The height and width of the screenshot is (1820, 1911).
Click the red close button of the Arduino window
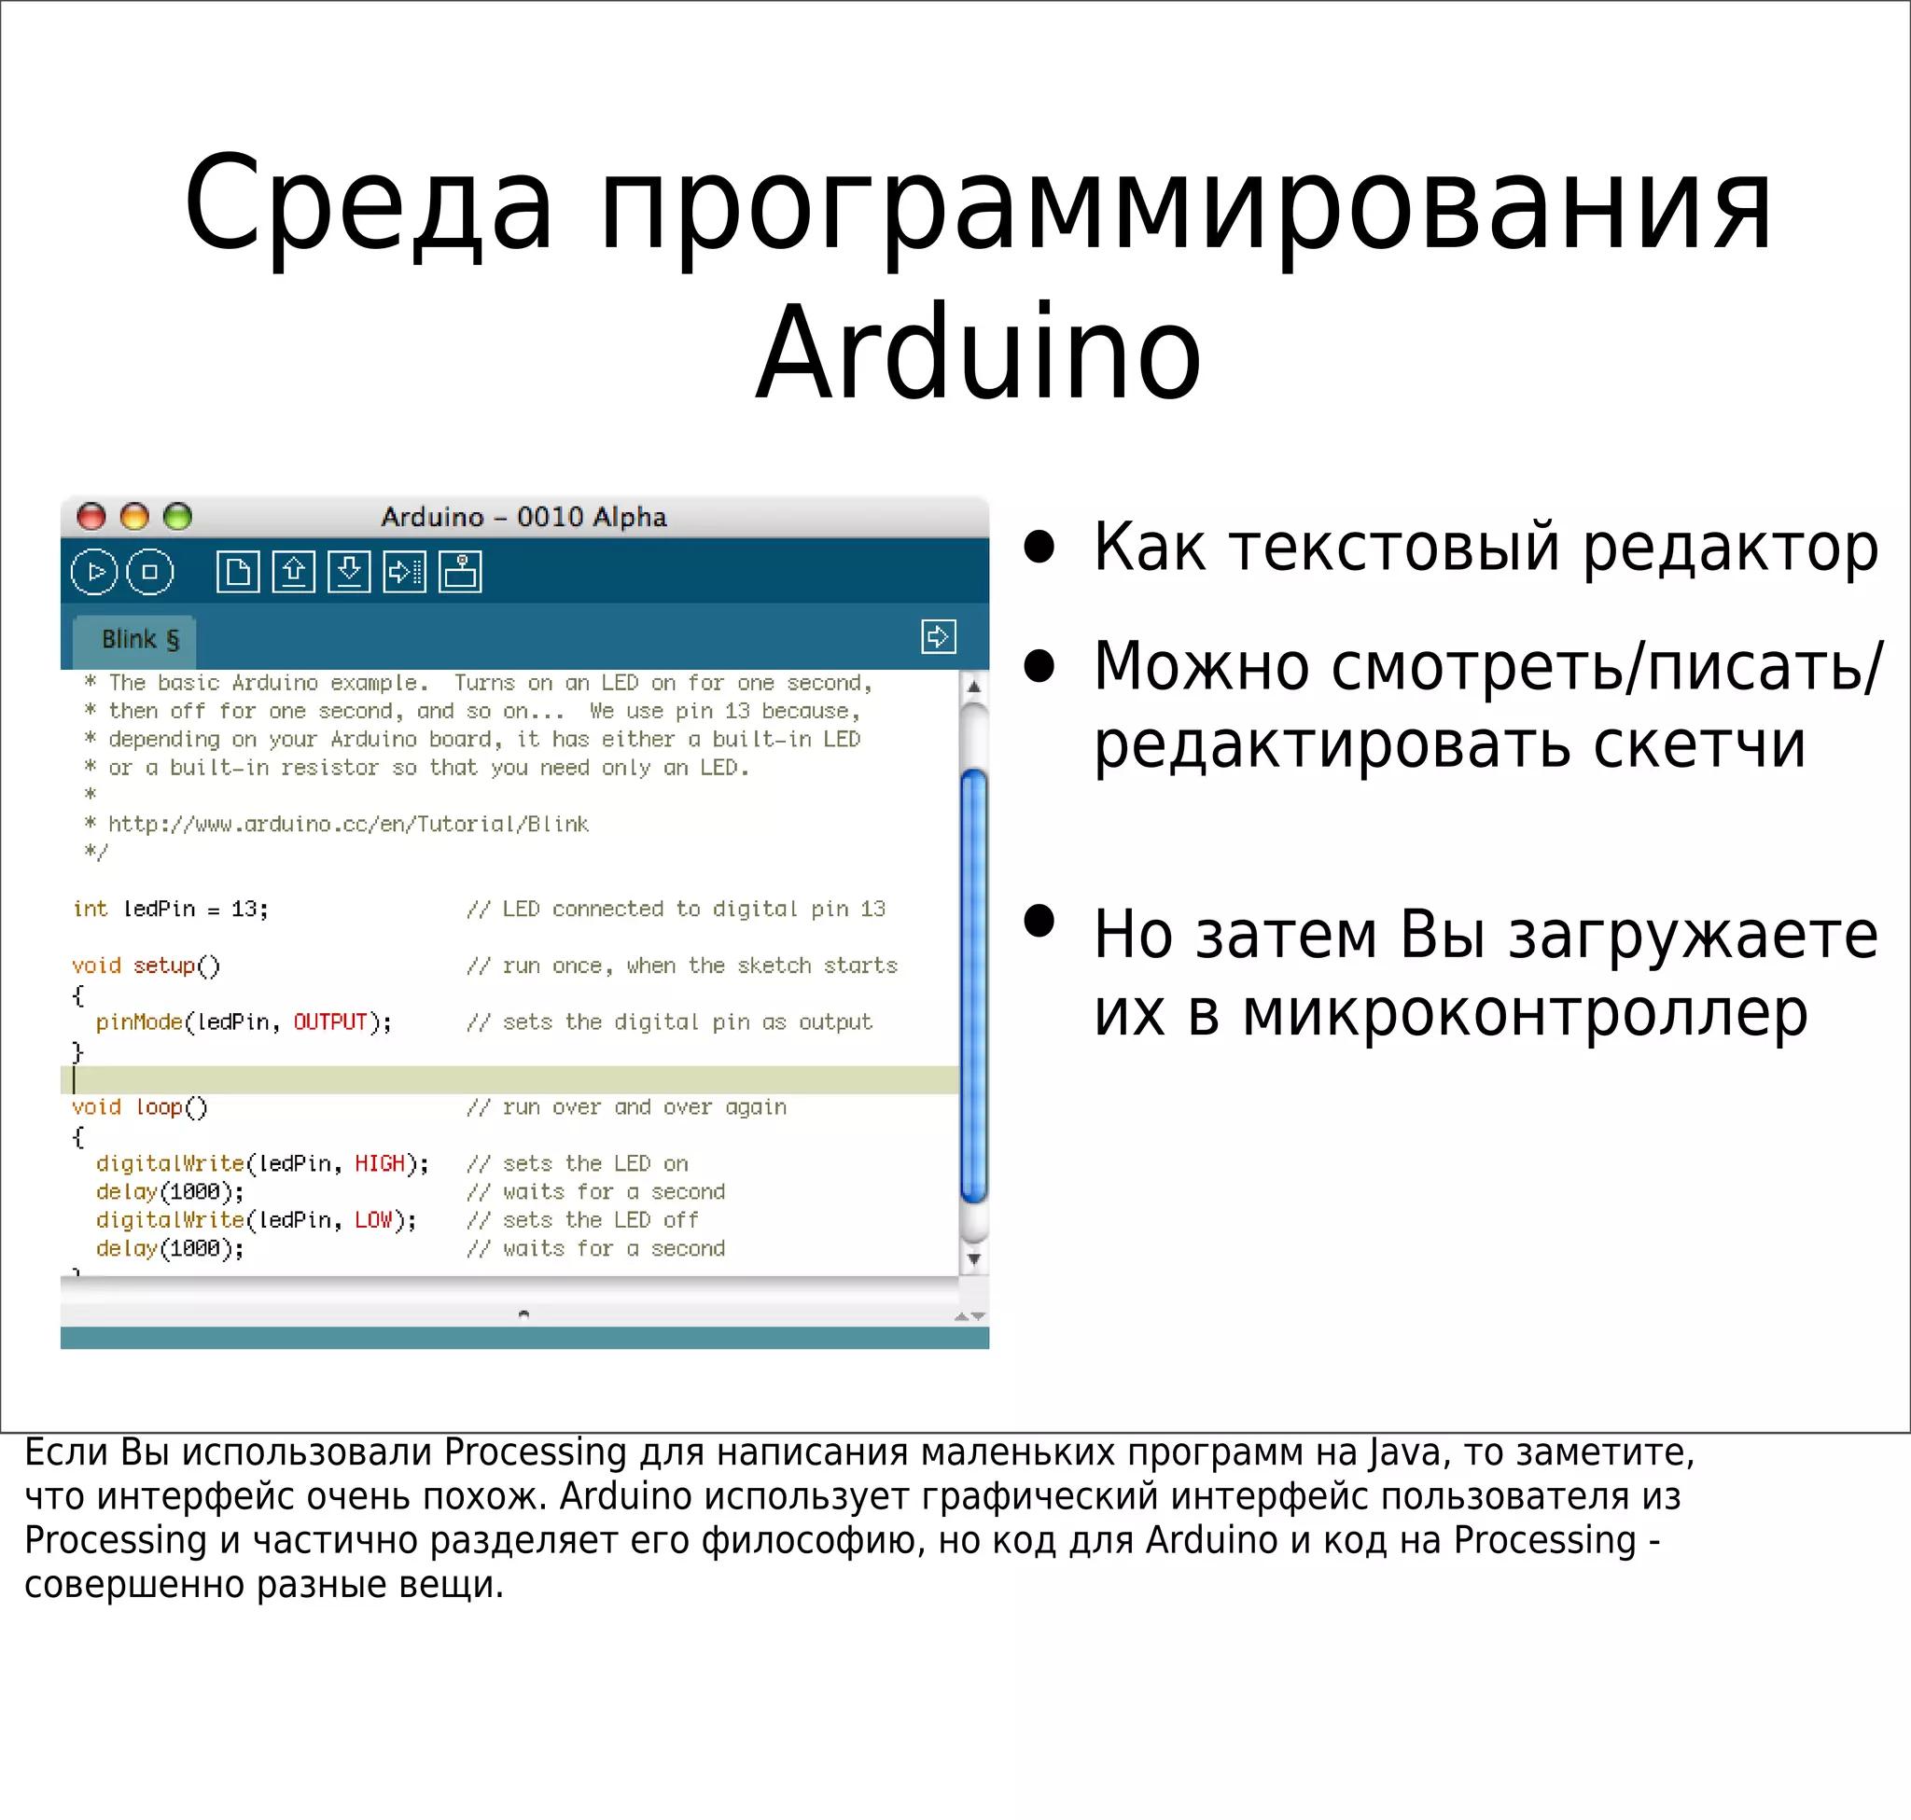91,516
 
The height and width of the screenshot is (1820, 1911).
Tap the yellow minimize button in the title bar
134,516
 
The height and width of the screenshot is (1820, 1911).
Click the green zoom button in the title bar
177,516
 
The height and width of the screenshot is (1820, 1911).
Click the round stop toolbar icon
149,572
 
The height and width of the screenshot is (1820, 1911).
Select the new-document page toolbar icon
238,572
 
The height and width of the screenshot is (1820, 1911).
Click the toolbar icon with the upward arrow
293,572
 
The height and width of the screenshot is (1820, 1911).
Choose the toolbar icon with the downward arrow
349,572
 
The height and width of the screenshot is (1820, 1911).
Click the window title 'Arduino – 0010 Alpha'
523,517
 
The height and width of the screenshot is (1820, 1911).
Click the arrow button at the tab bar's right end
938,636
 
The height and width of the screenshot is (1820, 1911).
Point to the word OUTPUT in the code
330,1021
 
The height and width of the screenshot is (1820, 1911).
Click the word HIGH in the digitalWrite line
380,1163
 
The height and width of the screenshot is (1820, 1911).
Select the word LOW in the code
372,1219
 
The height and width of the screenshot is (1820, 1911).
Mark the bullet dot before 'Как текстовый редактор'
1039,547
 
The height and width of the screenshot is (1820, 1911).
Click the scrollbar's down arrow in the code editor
973,1259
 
